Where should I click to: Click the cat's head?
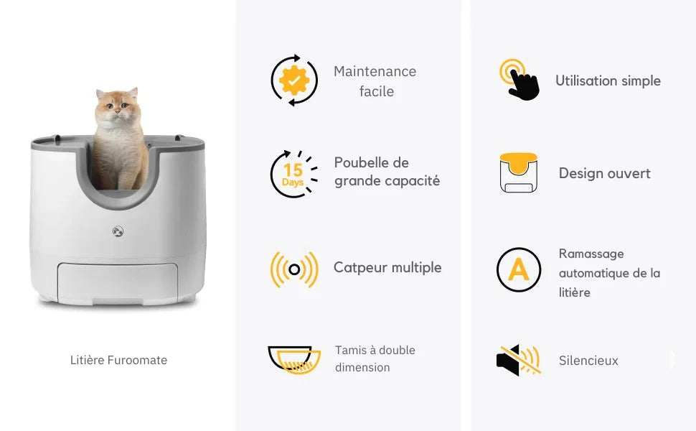pos(118,108)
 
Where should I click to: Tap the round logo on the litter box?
pos(117,231)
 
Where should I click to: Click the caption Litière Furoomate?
pos(118,360)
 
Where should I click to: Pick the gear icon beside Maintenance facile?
pos(294,80)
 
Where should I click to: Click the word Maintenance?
pos(375,71)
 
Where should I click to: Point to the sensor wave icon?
pos(293,269)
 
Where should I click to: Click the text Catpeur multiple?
pos(387,267)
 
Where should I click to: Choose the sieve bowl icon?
pos(294,359)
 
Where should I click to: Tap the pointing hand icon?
pos(519,80)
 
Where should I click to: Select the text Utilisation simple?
pos(608,80)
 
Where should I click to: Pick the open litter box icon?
pos(519,172)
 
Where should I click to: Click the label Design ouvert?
pos(604,173)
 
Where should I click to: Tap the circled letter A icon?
pos(519,269)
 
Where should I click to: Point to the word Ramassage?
pos(591,254)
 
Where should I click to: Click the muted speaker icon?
pos(519,360)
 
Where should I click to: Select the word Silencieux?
pos(588,361)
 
